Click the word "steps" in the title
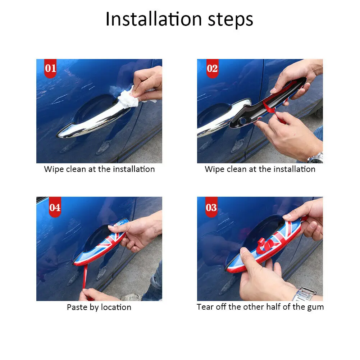(x=231, y=20)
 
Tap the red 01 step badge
(x=50, y=68)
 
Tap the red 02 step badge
(x=212, y=68)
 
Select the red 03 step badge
(x=211, y=207)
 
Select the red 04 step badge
(x=55, y=207)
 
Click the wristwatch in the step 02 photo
(x=316, y=158)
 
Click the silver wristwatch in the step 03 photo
(x=304, y=294)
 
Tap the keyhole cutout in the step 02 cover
(x=243, y=120)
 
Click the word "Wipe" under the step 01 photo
(x=54, y=169)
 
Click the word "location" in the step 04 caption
(x=116, y=307)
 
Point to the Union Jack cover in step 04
(x=101, y=243)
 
